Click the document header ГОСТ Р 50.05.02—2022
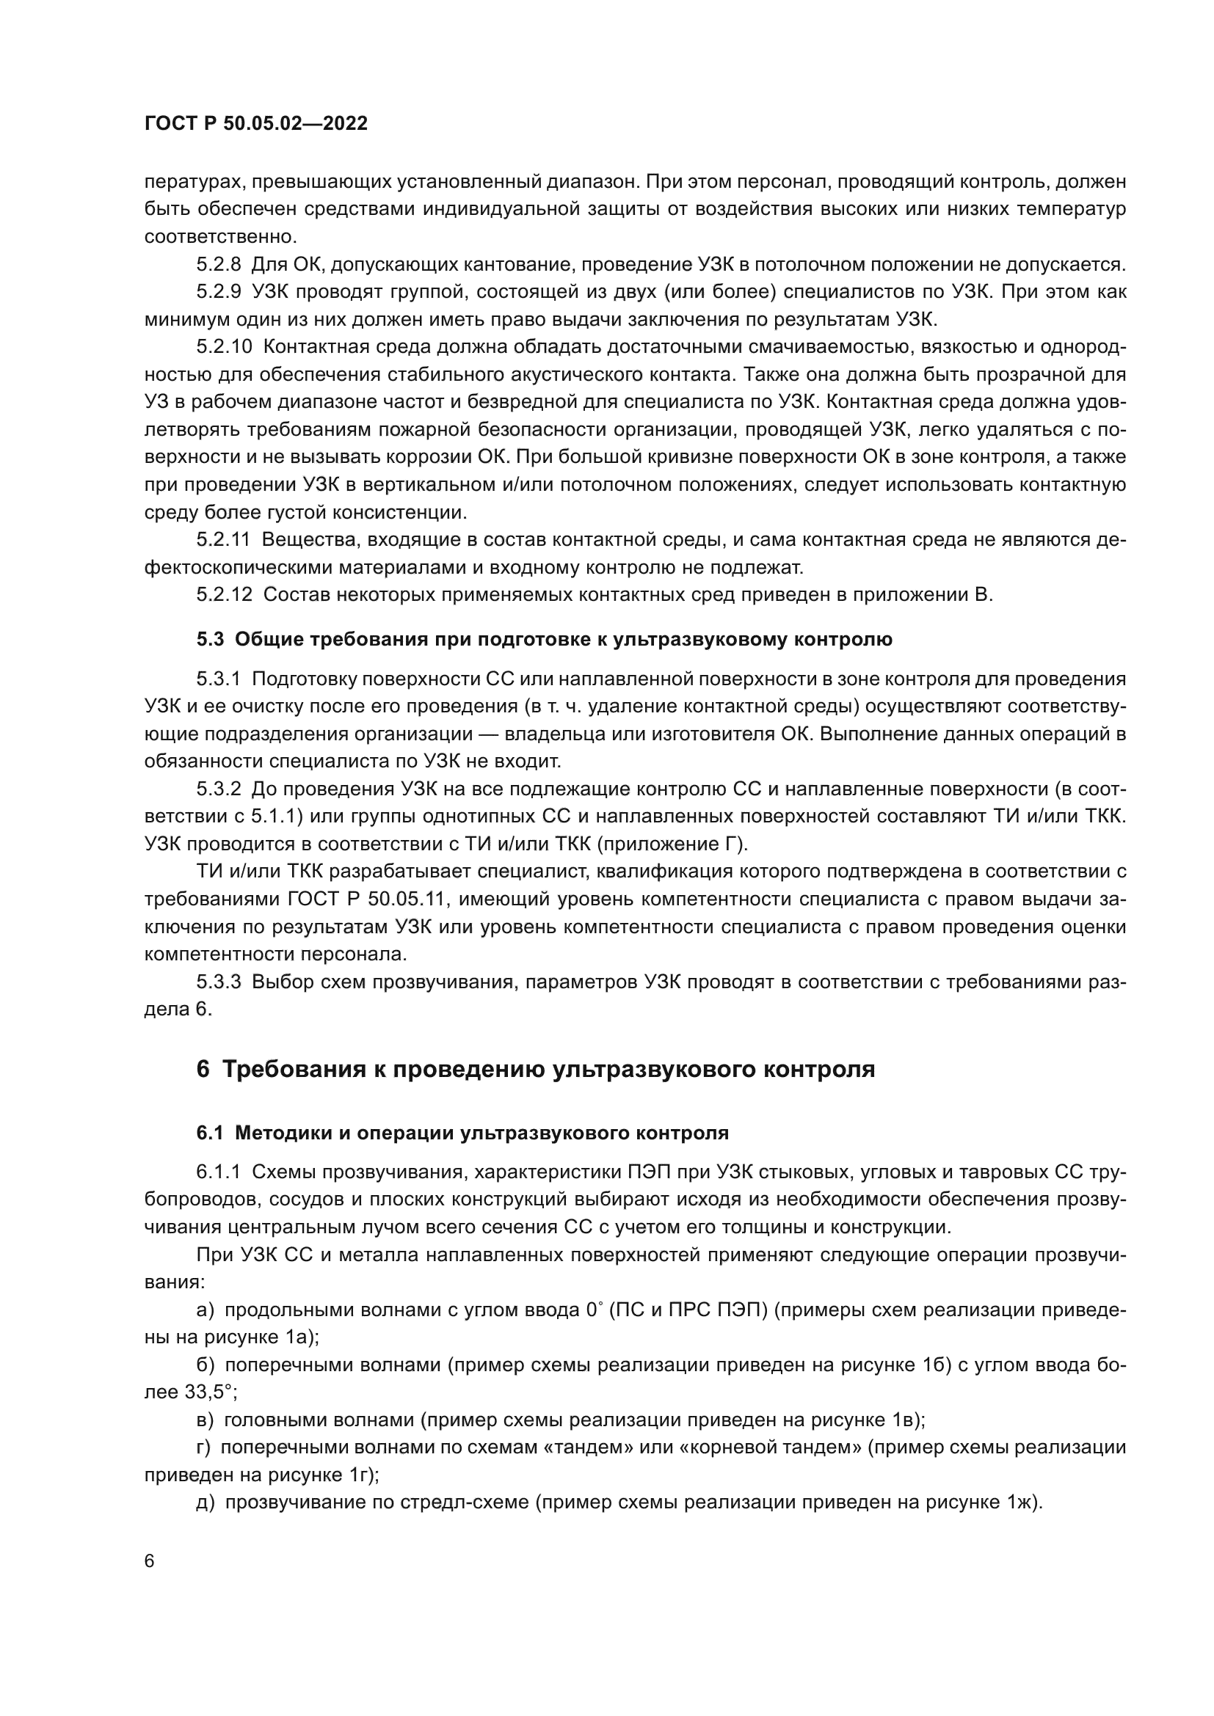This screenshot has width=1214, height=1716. pos(255,124)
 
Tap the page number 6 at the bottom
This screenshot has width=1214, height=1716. pos(150,1561)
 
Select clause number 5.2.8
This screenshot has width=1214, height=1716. pos(219,265)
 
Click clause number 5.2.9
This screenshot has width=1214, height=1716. pos(219,291)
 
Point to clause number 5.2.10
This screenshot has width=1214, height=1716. pos(225,347)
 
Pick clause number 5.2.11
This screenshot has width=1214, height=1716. pos(224,540)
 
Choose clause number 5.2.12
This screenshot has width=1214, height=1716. pos(225,595)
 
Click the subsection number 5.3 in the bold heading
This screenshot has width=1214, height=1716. pos(210,640)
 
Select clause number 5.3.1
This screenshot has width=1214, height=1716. pos(219,679)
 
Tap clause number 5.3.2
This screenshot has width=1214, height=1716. pos(219,789)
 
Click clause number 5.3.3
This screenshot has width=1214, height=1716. pos(219,982)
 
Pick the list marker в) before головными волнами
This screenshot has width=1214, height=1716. pos(205,1420)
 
